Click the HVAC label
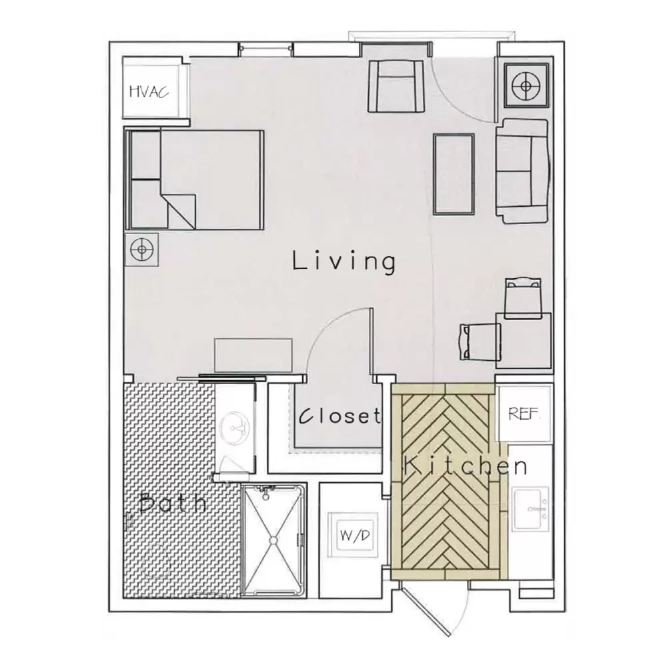[149, 91]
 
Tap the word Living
[344, 262]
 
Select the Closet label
[340, 416]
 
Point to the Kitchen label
[466, 466]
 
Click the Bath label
[173, 502]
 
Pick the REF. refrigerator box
[525, 414]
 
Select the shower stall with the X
[273, 540]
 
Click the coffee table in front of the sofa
[454, 173]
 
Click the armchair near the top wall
[396, 86]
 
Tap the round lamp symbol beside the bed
[141, 249]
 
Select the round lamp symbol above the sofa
[526, 85]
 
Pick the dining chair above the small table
[523, 297]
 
